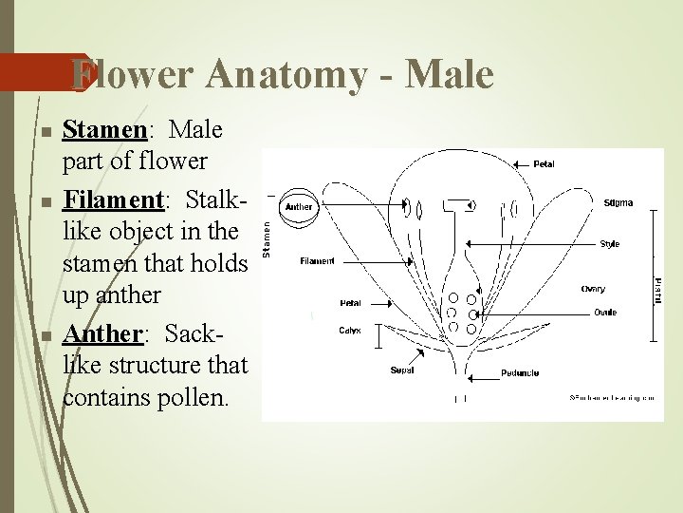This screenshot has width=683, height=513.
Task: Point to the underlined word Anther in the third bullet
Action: click(102, 334)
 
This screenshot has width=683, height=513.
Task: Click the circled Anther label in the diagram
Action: click(299, 207)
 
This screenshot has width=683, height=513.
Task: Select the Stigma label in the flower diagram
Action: click(618, 202)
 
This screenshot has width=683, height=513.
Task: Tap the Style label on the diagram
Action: click(609, 244)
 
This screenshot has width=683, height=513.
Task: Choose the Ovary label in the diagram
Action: click(593, 289)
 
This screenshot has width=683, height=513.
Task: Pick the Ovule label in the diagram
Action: click(604, 312)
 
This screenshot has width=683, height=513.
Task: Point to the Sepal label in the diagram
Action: click(401, 370)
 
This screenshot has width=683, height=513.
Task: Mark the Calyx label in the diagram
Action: click(349, 331)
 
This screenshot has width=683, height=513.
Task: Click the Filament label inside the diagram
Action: click(316, 260)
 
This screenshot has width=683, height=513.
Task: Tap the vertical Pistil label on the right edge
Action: click(658, 290)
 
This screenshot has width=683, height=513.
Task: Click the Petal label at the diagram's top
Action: click(544, 163)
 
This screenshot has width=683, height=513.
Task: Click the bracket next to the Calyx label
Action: click(379, 334)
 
